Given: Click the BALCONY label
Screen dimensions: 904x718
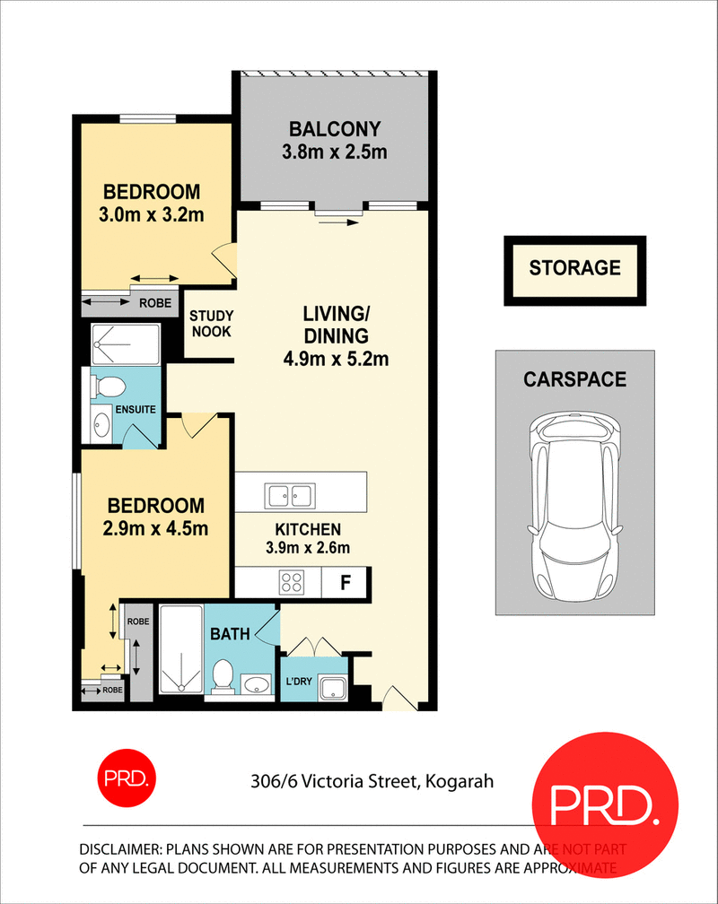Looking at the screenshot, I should click(x=335, y=129).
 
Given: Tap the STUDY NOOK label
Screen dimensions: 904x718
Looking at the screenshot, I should click(x=212, y=324).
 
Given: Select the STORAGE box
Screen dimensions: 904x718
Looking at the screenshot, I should click(x=574, y=267).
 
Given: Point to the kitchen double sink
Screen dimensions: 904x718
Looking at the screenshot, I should click(x=289, y=494).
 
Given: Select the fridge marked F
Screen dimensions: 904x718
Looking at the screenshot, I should click(x=345, y=582).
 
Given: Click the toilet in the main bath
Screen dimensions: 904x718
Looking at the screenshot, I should click(x=223, y=676).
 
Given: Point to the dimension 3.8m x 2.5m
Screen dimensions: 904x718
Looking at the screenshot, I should click(x=335, y=152).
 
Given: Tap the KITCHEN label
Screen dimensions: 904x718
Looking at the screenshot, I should click(x=308, y=529).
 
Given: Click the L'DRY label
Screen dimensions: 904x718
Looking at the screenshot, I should click(x=298, y=682).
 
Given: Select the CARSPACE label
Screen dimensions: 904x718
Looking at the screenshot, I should click(x=574, y=380).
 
